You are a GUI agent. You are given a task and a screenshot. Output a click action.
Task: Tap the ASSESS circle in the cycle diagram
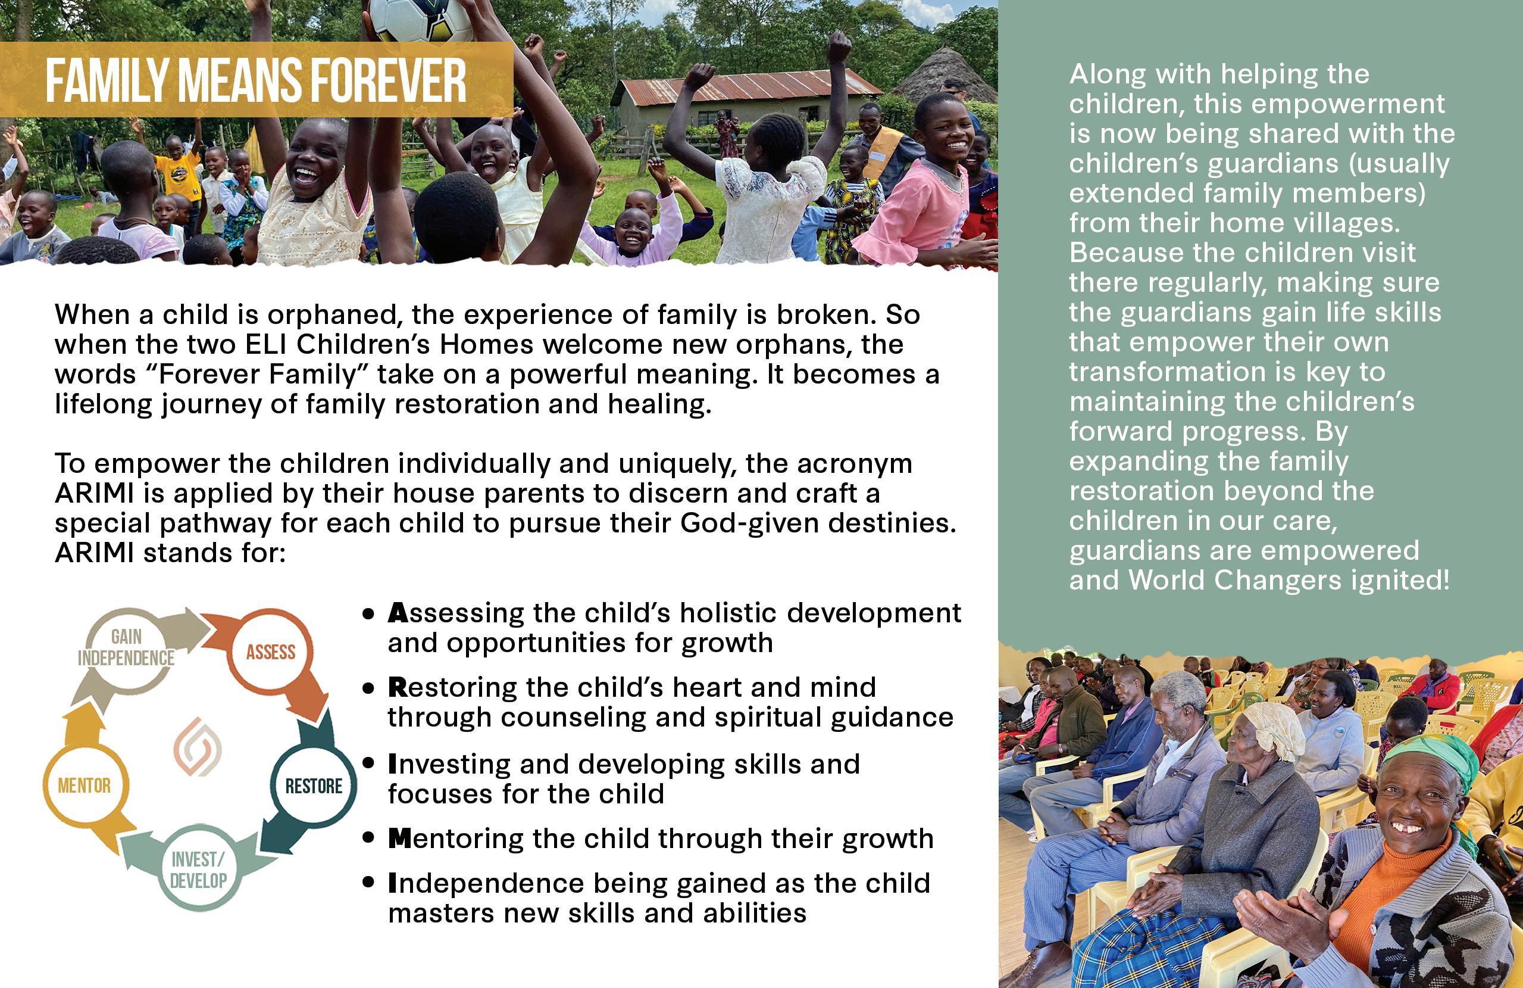pyautogui.click(x=271, y=653)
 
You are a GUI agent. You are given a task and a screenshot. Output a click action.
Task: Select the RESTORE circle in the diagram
pyautogui.click(x=314, y=786)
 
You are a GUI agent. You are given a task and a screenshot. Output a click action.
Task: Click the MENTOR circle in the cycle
pyautogui.click(x=85, y=786)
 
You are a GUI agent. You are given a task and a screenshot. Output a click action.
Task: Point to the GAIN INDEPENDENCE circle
pyautogui.click(x=126, y=648)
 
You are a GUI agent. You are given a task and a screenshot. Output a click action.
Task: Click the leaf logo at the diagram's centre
pyautogui.click(x=198, y=747)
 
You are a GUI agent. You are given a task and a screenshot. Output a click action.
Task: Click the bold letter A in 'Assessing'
pyautogui.click(x=398, y=613)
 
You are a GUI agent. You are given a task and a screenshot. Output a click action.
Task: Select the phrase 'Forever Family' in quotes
pyautogui.click(x=257, y=375)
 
